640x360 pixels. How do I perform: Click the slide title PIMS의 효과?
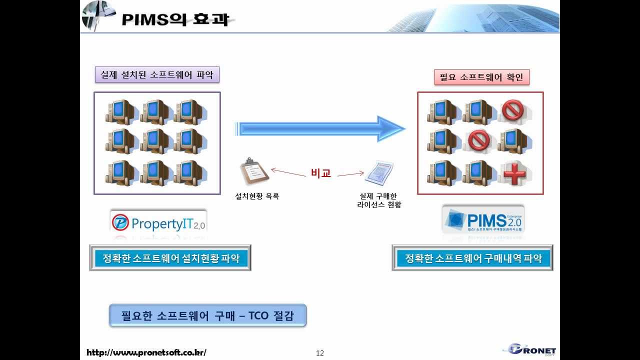coord(175,19)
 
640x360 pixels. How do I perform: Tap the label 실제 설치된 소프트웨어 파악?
coord(157,75)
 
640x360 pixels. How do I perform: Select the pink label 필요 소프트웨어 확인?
coord(481,77)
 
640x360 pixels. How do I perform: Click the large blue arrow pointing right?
coord(320,129)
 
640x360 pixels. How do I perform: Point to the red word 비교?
coord(321,173)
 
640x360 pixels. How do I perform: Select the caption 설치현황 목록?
coord(257,196)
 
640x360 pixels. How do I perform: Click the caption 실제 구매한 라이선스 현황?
coord(379,200)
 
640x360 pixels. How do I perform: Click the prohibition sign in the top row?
coord(512,110)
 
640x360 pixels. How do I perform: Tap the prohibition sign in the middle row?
coord(479,141)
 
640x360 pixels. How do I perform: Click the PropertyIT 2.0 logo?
coord(158,223)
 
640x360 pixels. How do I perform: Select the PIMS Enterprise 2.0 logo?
coord(483,219)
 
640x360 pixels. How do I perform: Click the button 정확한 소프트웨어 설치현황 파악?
coord(170,258)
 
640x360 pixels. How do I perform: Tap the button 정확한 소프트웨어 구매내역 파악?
coord(472,258)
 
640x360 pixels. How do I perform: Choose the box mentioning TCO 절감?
coord(207,315)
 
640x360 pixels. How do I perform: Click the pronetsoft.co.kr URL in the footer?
coord(146,352)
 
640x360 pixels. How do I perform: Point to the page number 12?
coord(320,353)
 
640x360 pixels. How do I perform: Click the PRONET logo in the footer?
coord(532,350)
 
